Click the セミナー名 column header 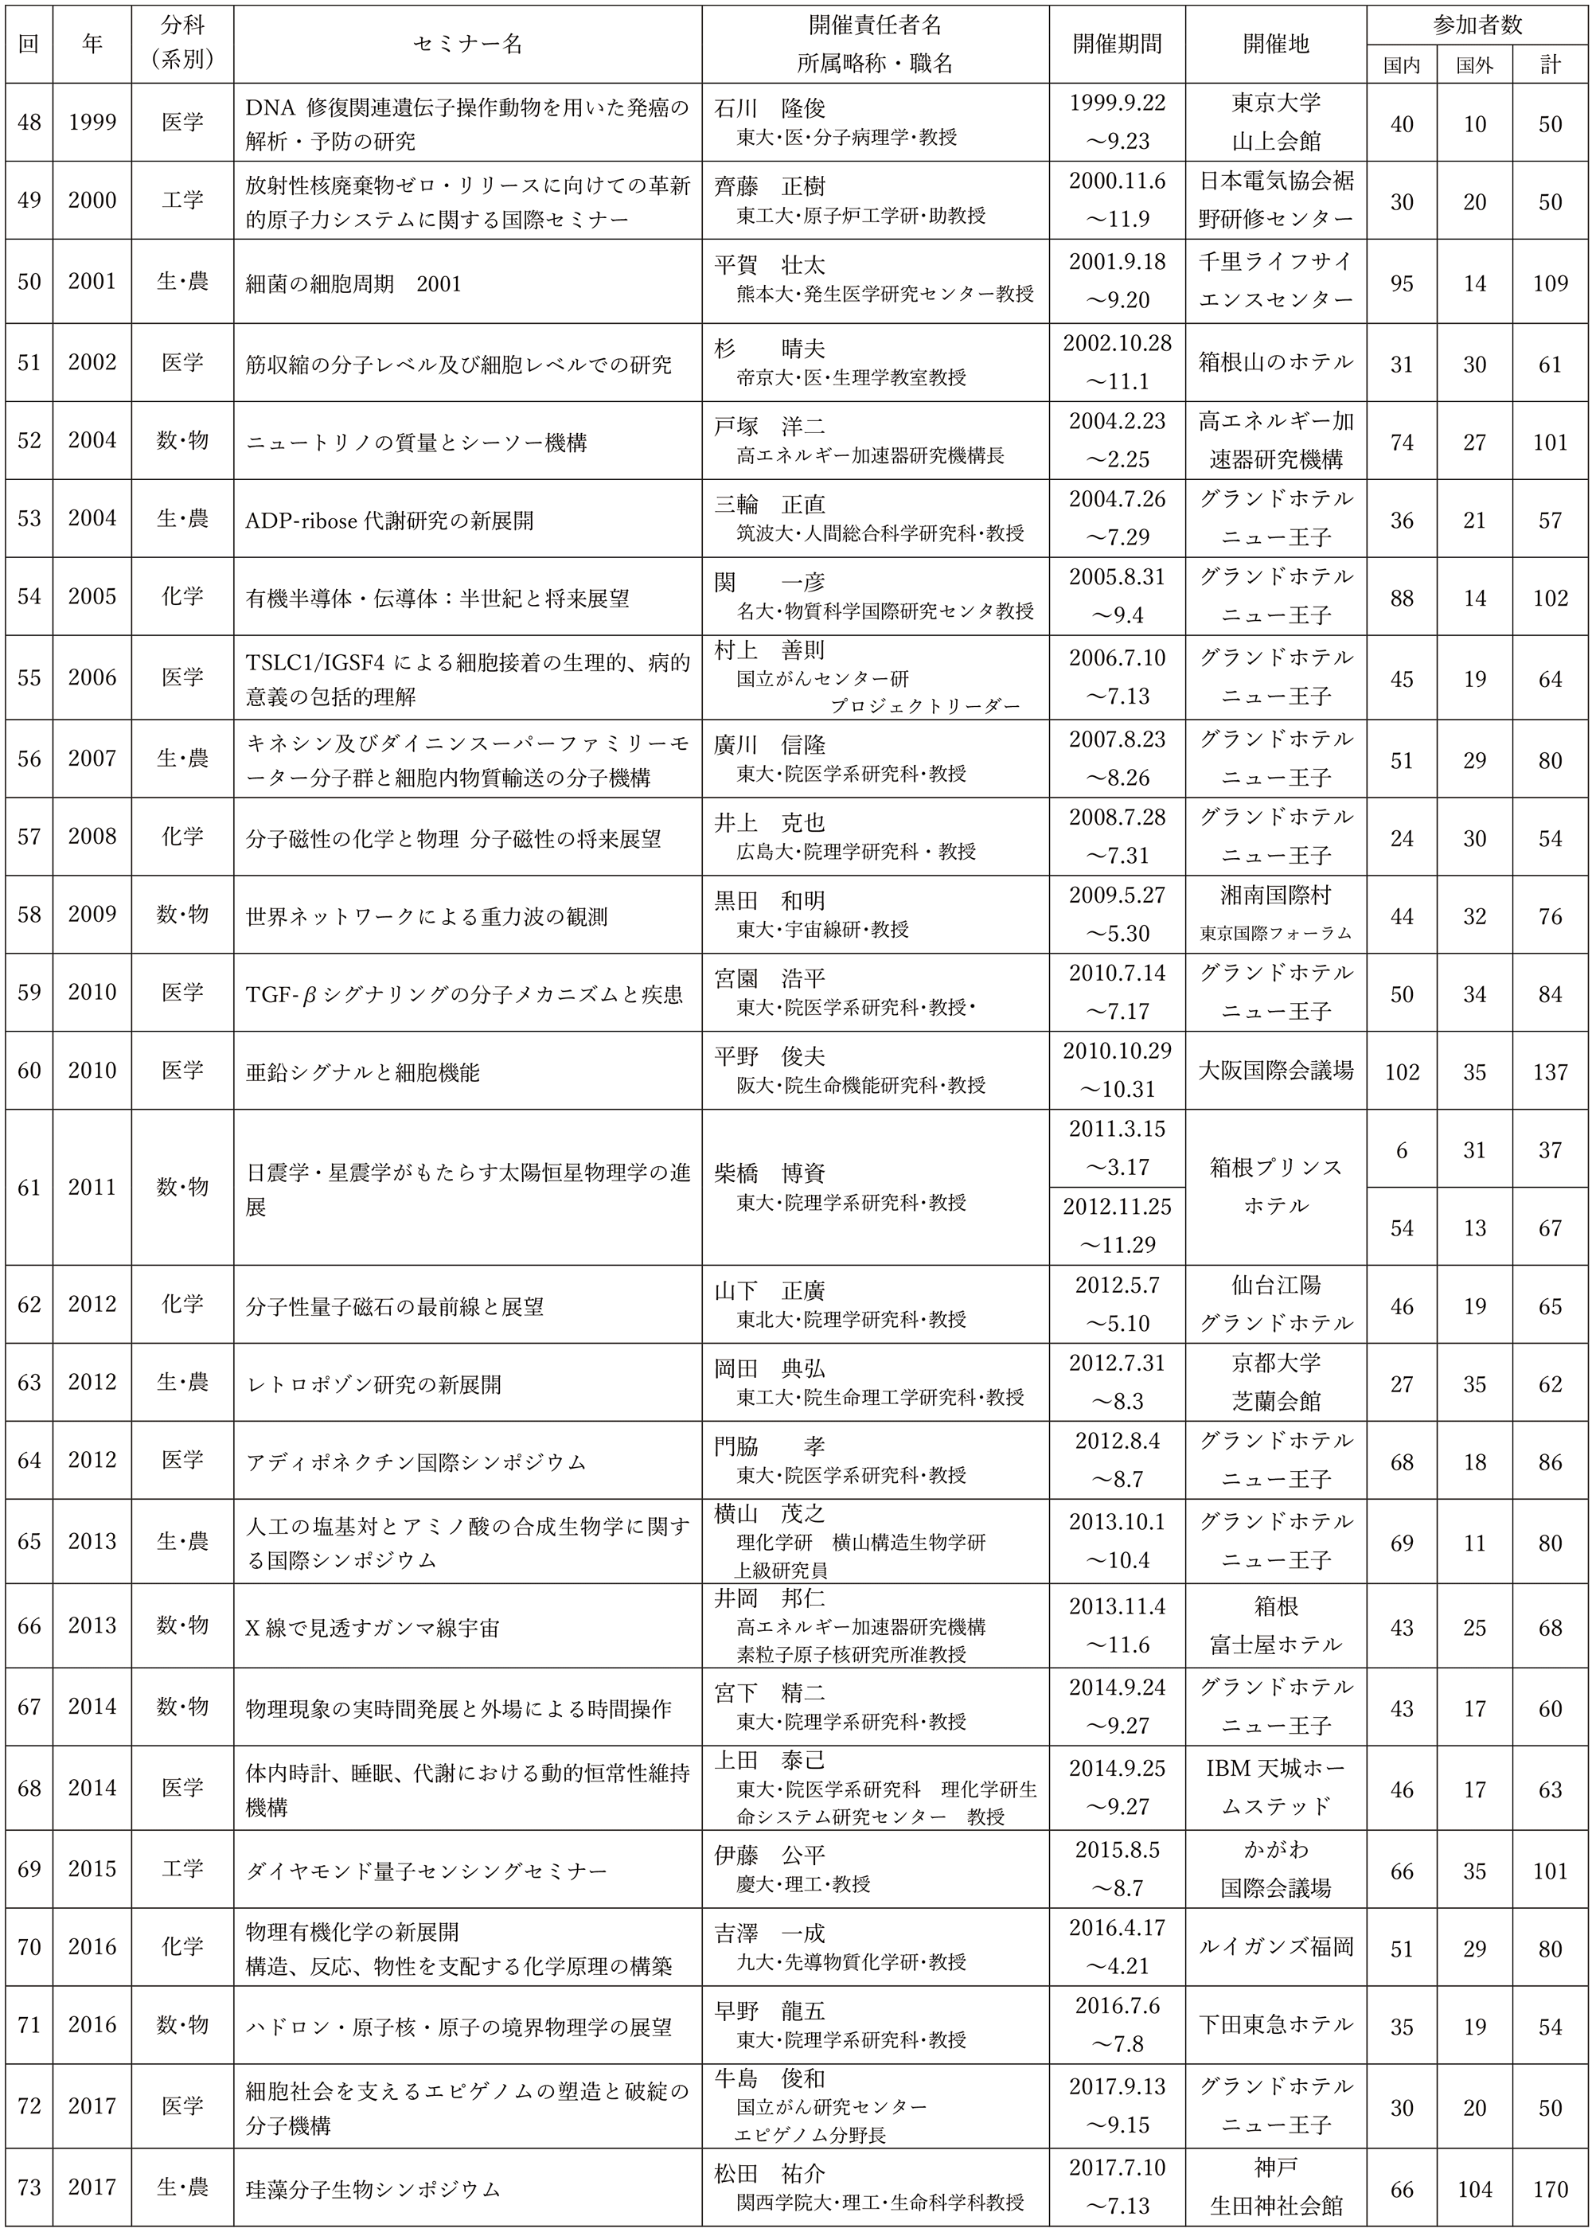(467, 44)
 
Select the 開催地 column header (1275, 44)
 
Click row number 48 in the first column (29, 123)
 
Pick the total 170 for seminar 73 (1550, 2189)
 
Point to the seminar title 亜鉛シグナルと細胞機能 (363, 1071)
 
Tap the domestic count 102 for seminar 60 (1402, 1071)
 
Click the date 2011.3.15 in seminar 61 (1117, 1128)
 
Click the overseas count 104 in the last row (1474, 2189)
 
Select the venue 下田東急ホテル (1275, 2024)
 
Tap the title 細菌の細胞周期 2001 (353, 283)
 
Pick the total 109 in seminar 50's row (1550, 283)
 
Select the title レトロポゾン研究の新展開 (373, 1384)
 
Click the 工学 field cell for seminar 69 (182, 1868)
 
